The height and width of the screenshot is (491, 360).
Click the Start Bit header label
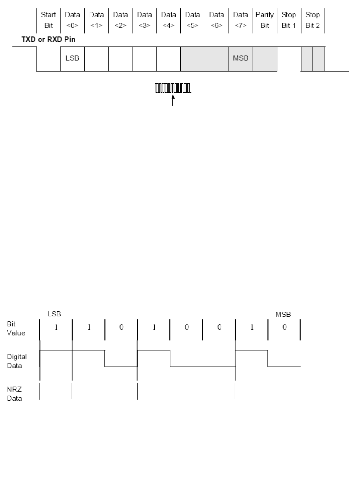point(49,20)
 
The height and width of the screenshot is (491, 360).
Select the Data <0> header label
point(73,20)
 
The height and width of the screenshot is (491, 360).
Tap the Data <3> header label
point(144,20)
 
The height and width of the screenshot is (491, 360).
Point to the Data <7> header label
point(240,20)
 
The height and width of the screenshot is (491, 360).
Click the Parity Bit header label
point(264,20)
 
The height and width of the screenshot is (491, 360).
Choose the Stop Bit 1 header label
point(288,20)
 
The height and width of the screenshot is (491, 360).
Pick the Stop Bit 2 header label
point(312,20)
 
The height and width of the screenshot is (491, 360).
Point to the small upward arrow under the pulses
point(173,100)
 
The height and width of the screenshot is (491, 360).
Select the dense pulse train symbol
point(173,88)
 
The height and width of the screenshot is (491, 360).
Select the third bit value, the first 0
point(121,327)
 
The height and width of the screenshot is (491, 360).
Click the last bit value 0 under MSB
point(284,327)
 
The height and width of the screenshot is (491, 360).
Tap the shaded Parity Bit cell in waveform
point(264,59)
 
